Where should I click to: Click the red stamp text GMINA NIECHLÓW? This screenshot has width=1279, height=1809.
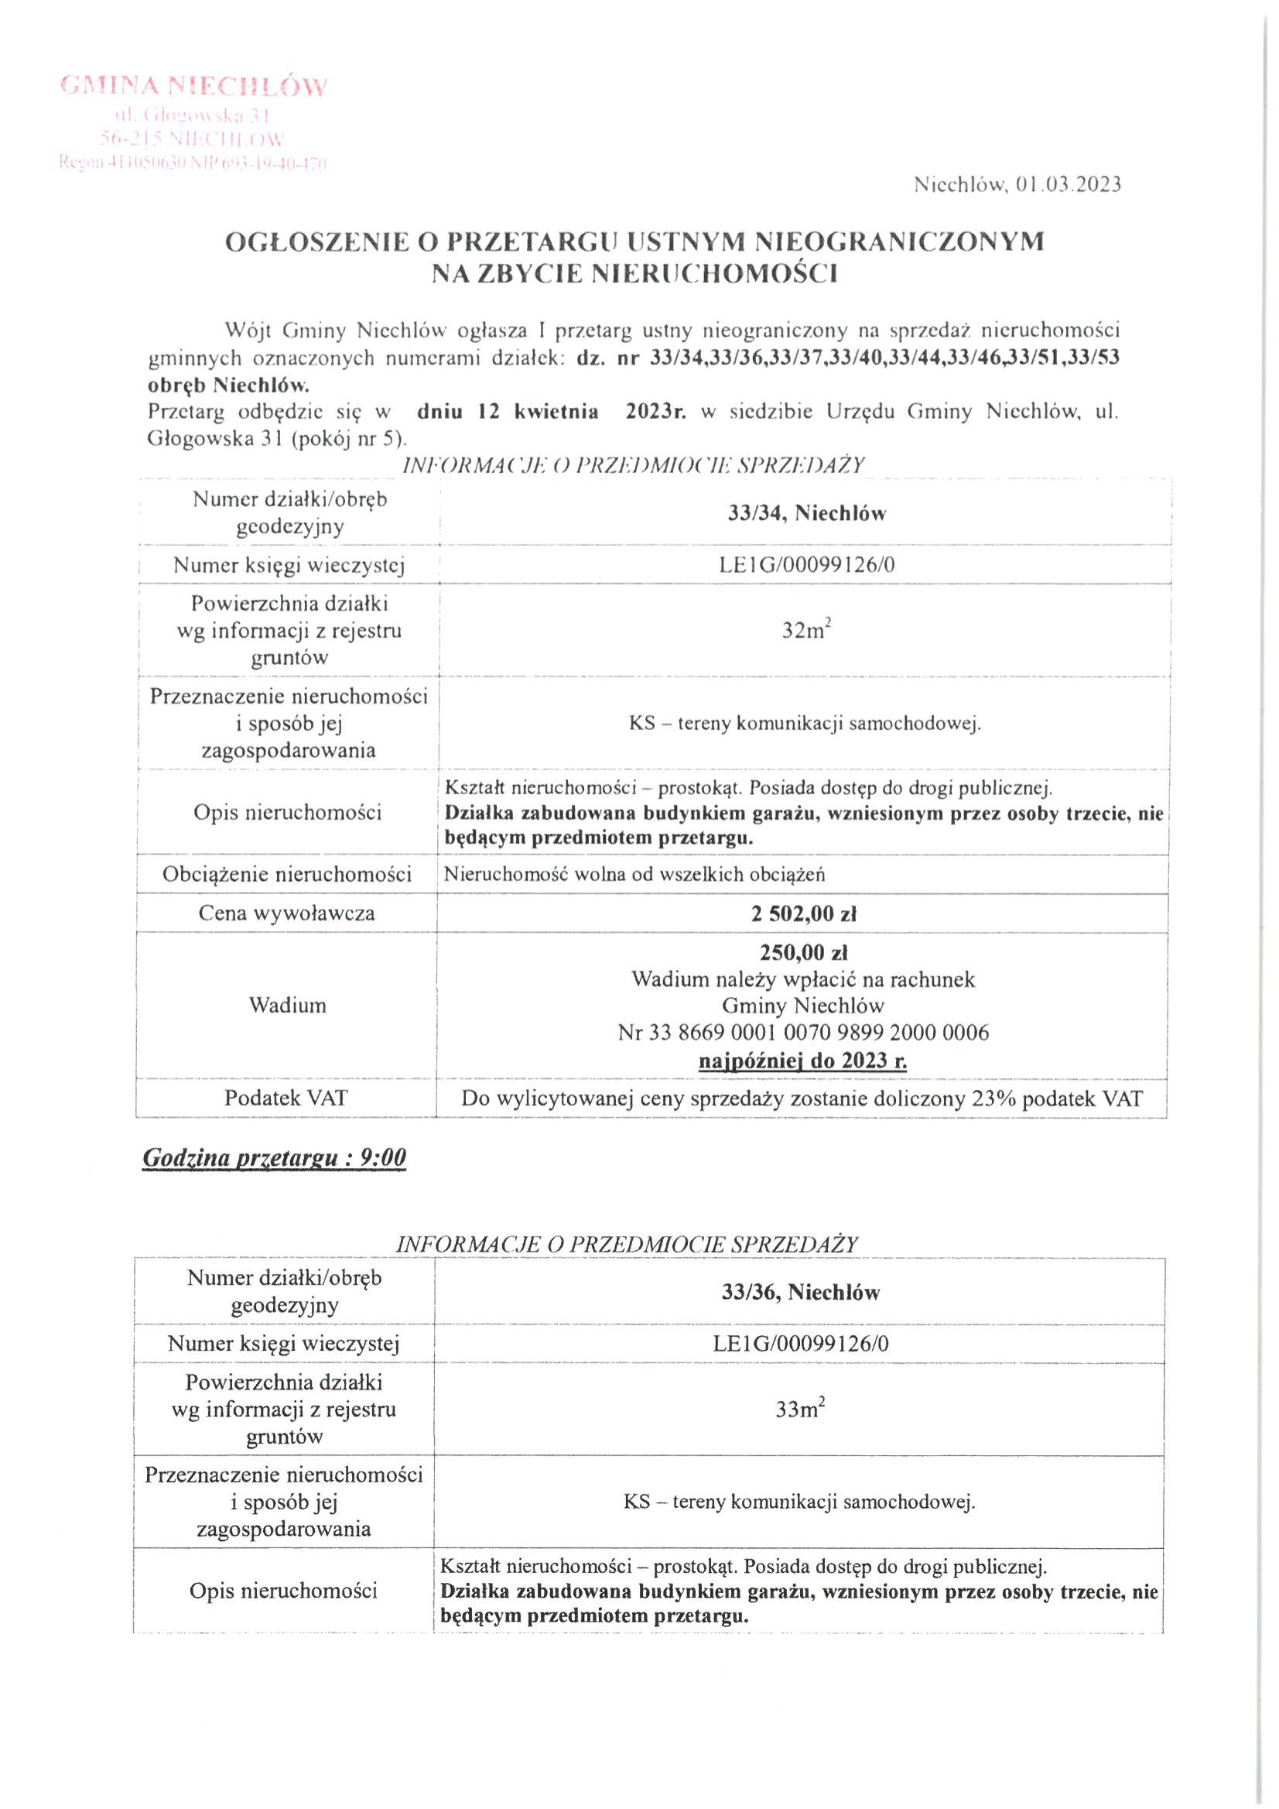pos(193,86)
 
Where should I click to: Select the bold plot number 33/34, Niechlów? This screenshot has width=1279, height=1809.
pos(806,514)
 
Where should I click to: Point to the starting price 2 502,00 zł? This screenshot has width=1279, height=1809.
pos(803,914)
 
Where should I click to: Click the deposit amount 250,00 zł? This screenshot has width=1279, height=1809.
pos(803,953)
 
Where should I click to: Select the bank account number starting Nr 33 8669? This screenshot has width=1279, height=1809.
pos(803,1033)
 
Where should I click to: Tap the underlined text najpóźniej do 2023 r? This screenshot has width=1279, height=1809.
pos(803,1060)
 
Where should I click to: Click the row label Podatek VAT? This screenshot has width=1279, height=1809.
pos(286,1098)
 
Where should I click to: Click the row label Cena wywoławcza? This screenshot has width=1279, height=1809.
pos(286,914)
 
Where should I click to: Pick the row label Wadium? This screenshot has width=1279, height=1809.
pos(288,1006)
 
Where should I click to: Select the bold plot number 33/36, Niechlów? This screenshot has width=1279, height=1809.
pos(800,1292)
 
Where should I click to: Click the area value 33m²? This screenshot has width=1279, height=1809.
pos(800,1409)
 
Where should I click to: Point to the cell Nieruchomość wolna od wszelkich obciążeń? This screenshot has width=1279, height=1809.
pos(634,875)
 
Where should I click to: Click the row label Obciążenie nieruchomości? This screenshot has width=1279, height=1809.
pos(286,875)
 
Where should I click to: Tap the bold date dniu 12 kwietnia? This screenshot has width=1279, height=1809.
pos(508,412)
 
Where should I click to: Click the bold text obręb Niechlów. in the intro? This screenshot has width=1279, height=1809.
pos(228,386)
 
